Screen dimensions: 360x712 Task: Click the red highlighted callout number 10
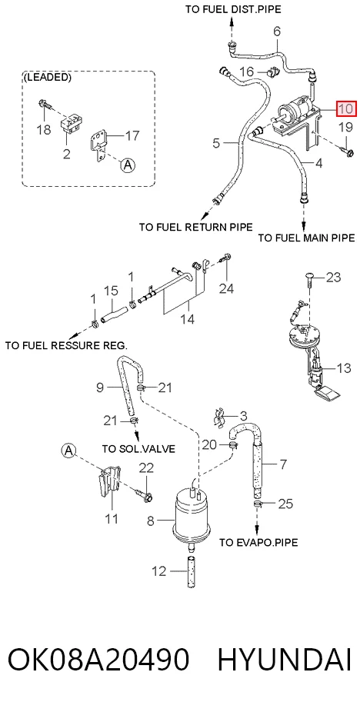(346, 108)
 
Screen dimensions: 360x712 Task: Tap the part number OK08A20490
(98, 660)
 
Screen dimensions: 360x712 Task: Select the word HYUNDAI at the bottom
(285, 660)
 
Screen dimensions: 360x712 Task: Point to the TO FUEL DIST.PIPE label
(233, 9)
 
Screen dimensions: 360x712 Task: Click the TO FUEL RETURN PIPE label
(196, 227)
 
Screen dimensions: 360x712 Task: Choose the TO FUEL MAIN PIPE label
(306, 238)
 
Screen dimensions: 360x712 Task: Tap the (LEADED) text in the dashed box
(47, 77)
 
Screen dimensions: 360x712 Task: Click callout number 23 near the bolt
(333, 277)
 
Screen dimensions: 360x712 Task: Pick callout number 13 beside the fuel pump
(344, 368)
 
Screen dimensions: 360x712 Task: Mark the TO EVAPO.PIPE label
(258, 542)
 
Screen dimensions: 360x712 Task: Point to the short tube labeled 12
(191, 571)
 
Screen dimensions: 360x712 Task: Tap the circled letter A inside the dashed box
(128, 165)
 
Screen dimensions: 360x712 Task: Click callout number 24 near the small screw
(226, 288)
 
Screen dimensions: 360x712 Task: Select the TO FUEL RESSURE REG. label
(66, 345)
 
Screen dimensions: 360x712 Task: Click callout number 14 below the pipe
(187, 319)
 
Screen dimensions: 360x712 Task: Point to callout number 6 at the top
(277, 32)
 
